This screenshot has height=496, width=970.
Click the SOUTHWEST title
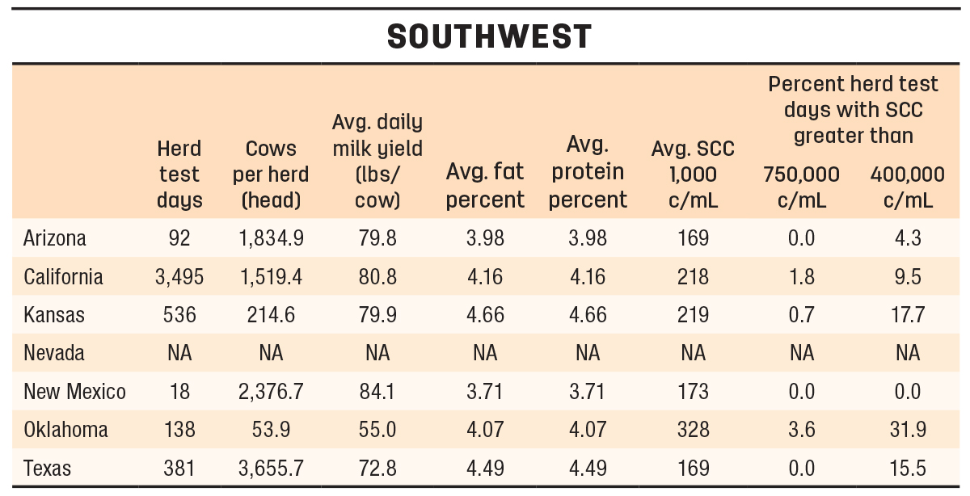(489, 36)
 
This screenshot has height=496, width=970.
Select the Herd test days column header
(179, 174)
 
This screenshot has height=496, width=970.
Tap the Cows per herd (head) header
(271, 174)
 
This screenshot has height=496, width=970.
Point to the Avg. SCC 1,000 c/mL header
(693, 174)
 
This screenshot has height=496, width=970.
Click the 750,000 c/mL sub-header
(801, 187)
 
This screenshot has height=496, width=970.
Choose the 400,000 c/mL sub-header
(908, 187)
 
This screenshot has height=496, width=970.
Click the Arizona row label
(55, 238)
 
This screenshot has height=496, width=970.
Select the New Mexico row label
(74, 391)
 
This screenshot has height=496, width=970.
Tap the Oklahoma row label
(65, 430)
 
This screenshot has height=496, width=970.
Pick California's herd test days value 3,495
(179, 276)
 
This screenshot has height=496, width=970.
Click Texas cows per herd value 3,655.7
(271, 469)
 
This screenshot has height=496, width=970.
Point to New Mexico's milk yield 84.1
(377, 391)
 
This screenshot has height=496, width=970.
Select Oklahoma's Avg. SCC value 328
(693, 430)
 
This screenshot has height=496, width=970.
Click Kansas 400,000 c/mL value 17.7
(908, 315)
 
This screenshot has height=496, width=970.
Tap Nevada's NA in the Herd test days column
(179, 353)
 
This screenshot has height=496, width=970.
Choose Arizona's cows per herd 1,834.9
(271, 238)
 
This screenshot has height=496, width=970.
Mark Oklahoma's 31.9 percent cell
(908, 430)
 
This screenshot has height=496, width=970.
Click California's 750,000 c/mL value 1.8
(802, 276)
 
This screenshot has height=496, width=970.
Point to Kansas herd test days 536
(179, 315)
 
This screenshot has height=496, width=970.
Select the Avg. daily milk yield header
(377, 162)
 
